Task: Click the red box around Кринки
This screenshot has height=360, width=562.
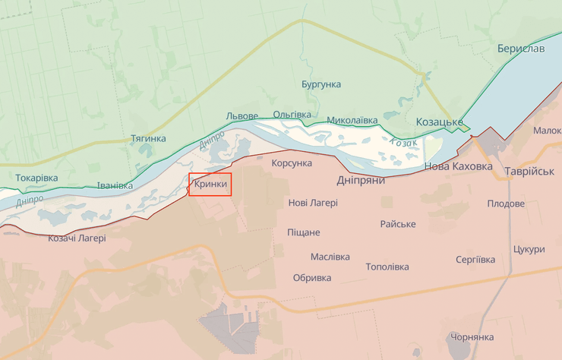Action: (x=210, y=185)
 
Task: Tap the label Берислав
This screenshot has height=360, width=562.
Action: (x=520, y=49)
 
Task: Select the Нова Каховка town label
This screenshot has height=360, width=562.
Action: (x=458, y=166)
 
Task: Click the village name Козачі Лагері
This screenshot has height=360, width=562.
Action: (x=77, y=238)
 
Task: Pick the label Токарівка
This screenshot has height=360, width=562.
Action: (x=36, y=178)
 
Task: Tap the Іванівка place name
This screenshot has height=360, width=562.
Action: (x=115, y=185)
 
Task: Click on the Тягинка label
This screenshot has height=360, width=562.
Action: (x=148, y=139)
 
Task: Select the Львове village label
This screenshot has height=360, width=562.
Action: (x=242, y=116)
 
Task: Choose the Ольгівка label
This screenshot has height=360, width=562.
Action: (x=292, y=115)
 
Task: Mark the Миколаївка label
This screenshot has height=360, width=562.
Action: (x=352, y=120)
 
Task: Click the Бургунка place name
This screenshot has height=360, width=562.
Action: (x=320, y=84)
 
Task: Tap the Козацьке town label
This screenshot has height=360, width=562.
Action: (x=439, y=122)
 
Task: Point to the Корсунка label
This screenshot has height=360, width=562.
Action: (x=292, y=163)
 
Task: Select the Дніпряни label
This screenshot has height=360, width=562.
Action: (x=361, y=181)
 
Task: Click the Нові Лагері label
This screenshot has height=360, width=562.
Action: (x=313, y=203)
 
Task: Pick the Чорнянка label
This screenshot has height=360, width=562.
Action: (x=472, y=337)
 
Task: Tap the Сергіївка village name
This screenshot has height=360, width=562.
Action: (x=476, y=260)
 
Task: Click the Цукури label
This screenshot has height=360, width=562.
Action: (x=529, y=249)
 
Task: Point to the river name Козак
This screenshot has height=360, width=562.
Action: (x=403, y=142)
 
